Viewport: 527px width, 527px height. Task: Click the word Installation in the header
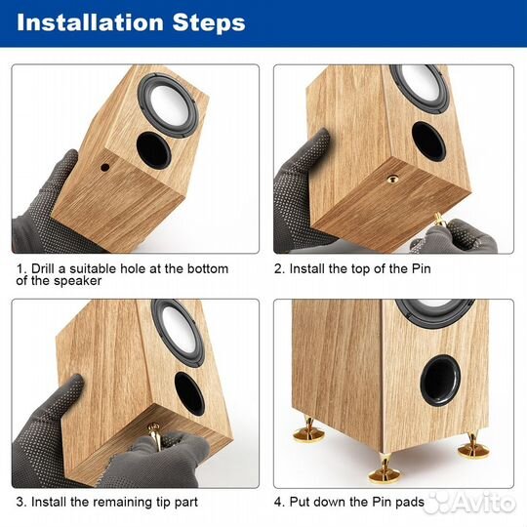[90, 22]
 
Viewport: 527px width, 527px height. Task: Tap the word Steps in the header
[209, 22]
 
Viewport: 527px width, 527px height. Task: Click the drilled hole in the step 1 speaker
[105, 167]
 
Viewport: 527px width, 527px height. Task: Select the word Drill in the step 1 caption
[43, 268]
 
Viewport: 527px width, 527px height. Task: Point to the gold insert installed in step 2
[392, 180]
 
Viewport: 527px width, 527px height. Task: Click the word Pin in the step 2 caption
[422, 268]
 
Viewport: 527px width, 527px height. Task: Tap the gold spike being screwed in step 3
[154, 436]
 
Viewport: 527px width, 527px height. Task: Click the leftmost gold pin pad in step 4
[308, 431]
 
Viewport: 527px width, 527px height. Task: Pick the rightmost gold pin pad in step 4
[473, 446]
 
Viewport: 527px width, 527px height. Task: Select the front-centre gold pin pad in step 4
[385, 469]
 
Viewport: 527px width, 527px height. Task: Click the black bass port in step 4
[440, 381]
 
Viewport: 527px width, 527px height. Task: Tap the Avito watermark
[470, 504]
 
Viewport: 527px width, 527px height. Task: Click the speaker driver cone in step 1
[170, 104]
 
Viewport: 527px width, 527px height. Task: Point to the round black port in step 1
[153, 150]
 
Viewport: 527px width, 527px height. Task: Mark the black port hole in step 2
[428, 142]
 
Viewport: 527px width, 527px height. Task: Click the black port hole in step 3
[189, 393]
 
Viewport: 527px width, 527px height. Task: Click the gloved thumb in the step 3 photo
[69, 395]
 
